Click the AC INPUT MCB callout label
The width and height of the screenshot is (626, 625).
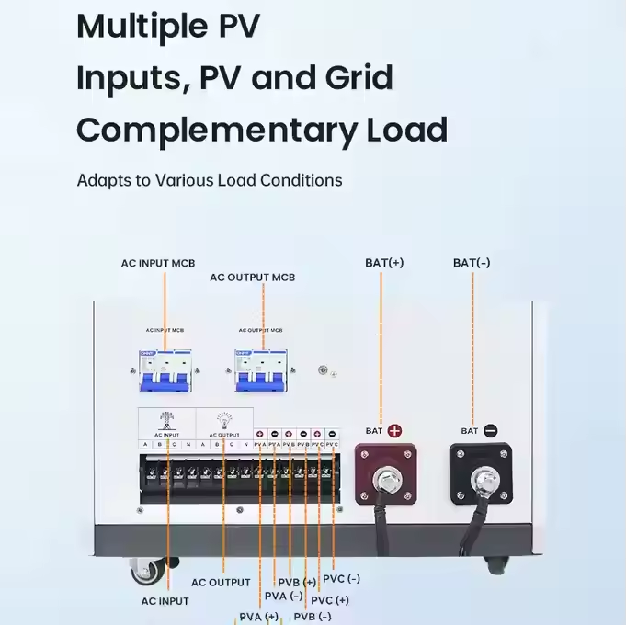click(158, 263)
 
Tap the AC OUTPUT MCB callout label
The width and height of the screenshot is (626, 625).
click(252, 277)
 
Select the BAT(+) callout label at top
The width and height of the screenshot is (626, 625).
click(384, 262)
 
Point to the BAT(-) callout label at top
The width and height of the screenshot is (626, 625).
click(472, 262)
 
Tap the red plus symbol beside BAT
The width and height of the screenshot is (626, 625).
click(395, 429)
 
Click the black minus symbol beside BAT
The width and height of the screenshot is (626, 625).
click(491, 429)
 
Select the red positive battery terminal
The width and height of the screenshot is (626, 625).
click(385, 474)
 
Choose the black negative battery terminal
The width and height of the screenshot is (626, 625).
click(481, 475)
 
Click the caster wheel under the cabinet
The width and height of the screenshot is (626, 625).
click(146, 572)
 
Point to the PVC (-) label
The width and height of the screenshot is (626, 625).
click(341, 579)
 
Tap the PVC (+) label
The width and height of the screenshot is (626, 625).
click(330, 600)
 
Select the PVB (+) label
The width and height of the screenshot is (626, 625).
click(297, 582)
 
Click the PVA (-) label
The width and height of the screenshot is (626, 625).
click(283, 596)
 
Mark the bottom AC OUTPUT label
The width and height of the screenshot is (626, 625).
click(221, 582)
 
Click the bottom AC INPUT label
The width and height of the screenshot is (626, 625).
click(165, 601)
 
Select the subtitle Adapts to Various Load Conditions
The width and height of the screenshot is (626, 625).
click(210, 179)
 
